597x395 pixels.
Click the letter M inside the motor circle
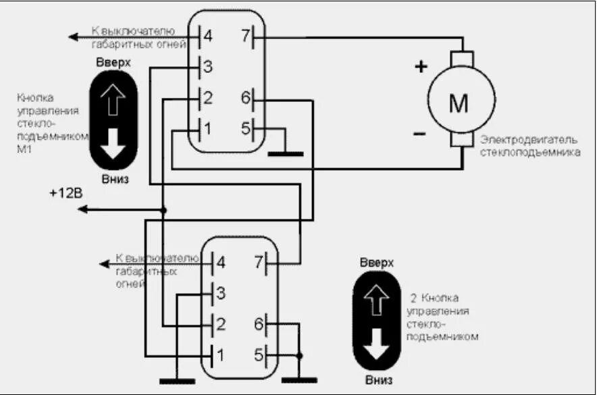[x=459, y=104]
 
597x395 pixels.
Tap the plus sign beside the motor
[x=421, y=66]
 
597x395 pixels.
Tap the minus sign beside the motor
[x=419, y=133]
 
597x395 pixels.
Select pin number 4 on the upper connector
[x=207, y=36]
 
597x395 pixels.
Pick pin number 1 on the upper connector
[x=207, y=128]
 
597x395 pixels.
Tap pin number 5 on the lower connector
[x=257, y=352]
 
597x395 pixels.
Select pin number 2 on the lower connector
[x=219, y=323]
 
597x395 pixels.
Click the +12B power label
[x=66, y=193]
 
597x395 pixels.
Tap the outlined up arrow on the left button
[x=113, y=101]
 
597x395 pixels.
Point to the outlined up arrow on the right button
[x=376, y=298]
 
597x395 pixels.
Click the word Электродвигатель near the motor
[x=529, y=140]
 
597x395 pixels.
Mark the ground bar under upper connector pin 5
[x=286, y=154]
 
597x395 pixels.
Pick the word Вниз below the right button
[x=376, y=379]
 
